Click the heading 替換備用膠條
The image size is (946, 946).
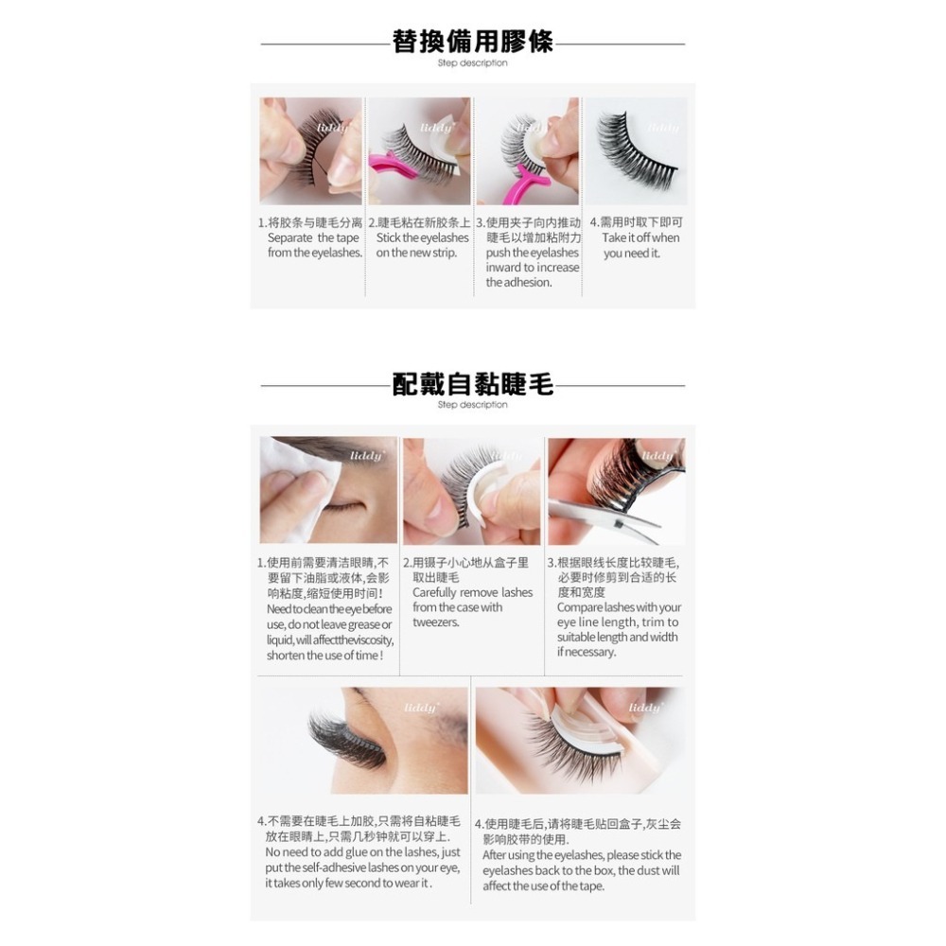tap(473, 43)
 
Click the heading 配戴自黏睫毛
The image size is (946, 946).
tap(473, 384)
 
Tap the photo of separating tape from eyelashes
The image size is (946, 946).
tap(310, 151)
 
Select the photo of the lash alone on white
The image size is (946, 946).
tap(636, 151)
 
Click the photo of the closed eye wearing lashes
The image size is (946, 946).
tap(362, 740)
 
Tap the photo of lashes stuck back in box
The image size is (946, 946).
tap(579, 740)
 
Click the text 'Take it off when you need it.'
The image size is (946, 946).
tap(640, 246)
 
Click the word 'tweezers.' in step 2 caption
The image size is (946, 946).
tap(436, 622)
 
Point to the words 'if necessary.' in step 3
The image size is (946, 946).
tap(587, 652)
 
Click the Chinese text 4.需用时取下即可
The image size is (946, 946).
tap(636, 222)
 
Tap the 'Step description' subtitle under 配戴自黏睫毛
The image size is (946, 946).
tap(473, 405)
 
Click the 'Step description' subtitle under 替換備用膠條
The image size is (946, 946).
tap(473, 63)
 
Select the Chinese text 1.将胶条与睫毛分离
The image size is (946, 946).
tap(310, 222)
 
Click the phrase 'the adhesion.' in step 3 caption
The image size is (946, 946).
tap(518, 282)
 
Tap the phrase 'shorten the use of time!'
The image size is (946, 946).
tap(324, 656)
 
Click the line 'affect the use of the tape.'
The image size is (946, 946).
tap(543, 885)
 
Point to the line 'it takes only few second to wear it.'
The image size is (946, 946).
tap(348, 883)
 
